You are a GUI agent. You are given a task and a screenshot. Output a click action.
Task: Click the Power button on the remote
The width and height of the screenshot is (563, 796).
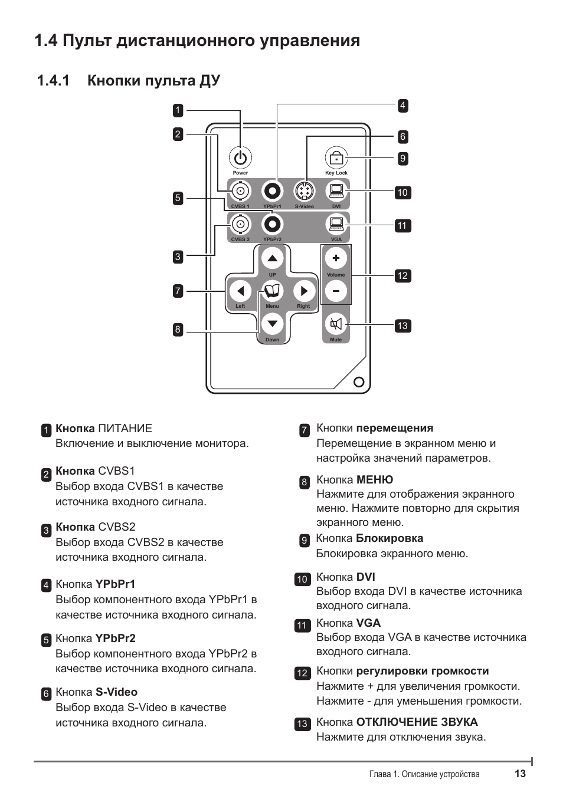[240, 158]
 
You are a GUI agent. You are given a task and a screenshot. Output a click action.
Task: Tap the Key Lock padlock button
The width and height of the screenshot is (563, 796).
[336, 158]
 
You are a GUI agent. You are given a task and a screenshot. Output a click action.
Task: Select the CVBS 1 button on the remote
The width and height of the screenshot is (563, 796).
[240, 191]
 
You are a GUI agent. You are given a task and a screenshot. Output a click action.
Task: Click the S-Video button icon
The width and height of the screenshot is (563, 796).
[305, 191]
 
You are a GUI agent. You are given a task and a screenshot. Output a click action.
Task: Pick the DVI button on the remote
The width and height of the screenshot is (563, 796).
[336, 191]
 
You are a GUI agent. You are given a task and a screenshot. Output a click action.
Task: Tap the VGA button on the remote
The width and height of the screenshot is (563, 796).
[336, 224]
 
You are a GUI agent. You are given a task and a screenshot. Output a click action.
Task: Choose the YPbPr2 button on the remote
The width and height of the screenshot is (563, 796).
[272, 224]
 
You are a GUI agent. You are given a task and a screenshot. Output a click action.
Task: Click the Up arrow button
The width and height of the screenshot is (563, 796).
[272, 258]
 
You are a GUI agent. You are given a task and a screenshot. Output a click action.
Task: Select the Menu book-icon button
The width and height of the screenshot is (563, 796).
[272, 291]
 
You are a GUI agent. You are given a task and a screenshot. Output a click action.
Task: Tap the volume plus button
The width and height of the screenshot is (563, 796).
[336, 258]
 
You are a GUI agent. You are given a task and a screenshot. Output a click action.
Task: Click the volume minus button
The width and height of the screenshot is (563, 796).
[336, 291]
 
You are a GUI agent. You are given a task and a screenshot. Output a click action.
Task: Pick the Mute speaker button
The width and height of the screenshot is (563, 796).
[336, 324]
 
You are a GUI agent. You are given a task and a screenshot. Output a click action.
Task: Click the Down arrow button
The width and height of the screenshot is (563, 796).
[272, 324]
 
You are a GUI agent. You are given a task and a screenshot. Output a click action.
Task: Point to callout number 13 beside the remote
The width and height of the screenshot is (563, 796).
[402, 325]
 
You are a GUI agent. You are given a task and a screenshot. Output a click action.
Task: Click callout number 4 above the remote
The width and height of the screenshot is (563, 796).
[402, 106]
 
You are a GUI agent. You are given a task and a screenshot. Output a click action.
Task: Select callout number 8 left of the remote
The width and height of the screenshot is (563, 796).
[178, 330]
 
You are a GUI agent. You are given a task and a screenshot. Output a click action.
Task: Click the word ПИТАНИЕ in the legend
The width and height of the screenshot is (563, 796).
[125, 429]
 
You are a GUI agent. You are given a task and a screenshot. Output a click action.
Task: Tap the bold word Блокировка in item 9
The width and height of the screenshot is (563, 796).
[389, 538]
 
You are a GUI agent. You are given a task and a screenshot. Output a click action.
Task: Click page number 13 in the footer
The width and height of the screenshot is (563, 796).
[519, 774]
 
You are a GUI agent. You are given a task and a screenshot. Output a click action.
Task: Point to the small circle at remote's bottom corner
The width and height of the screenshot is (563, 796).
[358, 381]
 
